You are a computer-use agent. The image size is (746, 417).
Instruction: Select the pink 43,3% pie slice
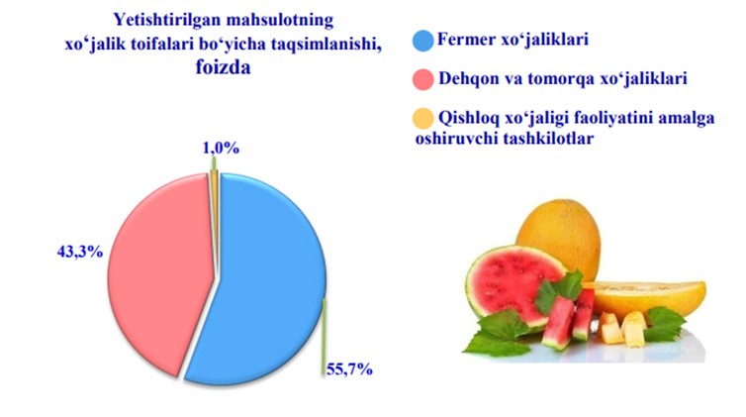[157, 271]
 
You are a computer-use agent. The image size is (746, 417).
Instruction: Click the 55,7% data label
[349, 368]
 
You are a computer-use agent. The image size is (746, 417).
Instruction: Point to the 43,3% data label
[80, 252]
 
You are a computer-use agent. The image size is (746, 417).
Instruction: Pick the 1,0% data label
[221, 148]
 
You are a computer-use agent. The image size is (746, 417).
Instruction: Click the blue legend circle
[422, 41]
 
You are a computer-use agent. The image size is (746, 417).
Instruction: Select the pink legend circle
[422, 79]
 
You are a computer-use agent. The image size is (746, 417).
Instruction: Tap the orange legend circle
[422, 119]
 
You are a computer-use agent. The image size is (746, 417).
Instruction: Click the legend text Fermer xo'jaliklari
[513, 39]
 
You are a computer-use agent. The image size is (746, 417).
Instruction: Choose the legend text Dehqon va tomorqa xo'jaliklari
[563, 78]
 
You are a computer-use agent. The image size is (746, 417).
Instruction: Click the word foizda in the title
[224, 67]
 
